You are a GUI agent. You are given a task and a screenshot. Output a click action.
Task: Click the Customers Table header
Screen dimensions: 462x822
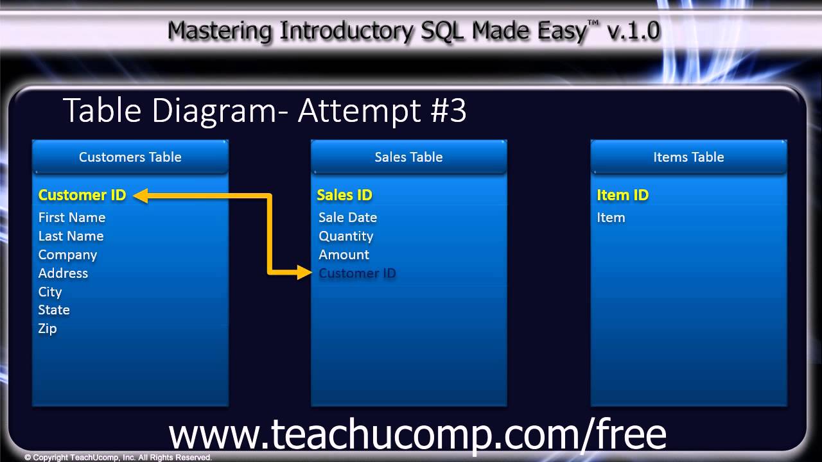tap(130, 157)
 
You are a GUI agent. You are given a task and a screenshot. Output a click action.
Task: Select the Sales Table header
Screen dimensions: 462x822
tap(408, 157)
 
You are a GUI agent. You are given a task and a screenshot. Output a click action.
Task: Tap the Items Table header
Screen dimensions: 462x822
tap(688, 157)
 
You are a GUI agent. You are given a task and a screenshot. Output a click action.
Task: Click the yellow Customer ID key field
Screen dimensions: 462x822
tap(82, 195)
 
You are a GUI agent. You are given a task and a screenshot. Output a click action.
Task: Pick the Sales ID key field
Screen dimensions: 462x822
tap(344, 195)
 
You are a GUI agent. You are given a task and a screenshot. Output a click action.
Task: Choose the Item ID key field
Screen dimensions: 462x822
tap(622, 195)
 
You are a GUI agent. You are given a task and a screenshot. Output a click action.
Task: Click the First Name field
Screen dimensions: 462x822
tap(72, 218)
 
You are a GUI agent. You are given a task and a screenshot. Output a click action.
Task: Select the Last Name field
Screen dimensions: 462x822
tap(71, 236)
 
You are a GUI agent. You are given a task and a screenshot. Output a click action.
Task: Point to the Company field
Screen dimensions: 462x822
tap(67, 255)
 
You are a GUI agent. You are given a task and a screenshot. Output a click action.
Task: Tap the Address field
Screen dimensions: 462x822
tap(63, 273)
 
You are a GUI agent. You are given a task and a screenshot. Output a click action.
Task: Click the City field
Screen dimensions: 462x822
tap(50, 292)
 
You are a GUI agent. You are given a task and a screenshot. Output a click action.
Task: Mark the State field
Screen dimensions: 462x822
tap(54, 310)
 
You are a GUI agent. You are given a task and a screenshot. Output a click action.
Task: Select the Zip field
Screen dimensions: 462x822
tap(48, 329)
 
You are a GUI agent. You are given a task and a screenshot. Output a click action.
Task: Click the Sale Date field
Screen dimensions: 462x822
tap(347, 218)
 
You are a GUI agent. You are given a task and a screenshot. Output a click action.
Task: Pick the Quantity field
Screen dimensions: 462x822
tap(345, 236)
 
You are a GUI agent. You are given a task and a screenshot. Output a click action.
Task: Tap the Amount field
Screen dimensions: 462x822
tap(344, 255)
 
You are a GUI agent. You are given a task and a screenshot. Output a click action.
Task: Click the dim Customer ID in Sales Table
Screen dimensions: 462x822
tap(357, 273)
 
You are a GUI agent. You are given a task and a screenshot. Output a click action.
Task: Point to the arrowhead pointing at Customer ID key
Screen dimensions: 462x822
tap(141, 196)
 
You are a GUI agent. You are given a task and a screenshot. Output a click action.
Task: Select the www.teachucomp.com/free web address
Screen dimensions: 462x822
tap(417, 434)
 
